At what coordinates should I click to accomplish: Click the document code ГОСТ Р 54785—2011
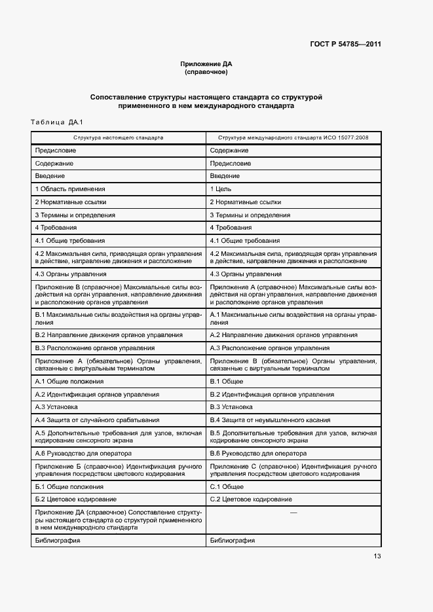click(345, 45)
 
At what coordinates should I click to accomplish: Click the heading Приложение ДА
click(206, 64)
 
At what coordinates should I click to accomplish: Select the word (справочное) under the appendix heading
click(206, 72)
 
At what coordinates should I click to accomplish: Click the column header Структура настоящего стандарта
click(119, 138)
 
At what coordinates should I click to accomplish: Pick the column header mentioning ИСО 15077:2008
click(293, 138)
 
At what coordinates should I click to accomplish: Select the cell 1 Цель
click(220, 189)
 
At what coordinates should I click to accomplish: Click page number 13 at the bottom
click(377, 556)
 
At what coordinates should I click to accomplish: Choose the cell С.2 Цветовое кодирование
click(251, 499)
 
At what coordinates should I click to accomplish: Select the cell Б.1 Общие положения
click(69, 487)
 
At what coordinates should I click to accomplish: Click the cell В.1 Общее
click(226, 382)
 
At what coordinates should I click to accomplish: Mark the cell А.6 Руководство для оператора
click(83, 454)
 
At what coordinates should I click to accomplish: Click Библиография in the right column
click(233, 541)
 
